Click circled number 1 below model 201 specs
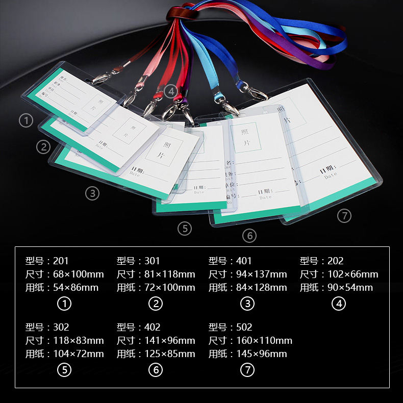point(64,304)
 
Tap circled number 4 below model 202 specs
point(338,304)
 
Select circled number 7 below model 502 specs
point(247,370)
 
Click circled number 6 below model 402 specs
point(156,370)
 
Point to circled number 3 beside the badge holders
point(92,193)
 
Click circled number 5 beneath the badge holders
point(185,229)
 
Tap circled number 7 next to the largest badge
point(344,216)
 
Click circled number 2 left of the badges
point(43,147)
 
